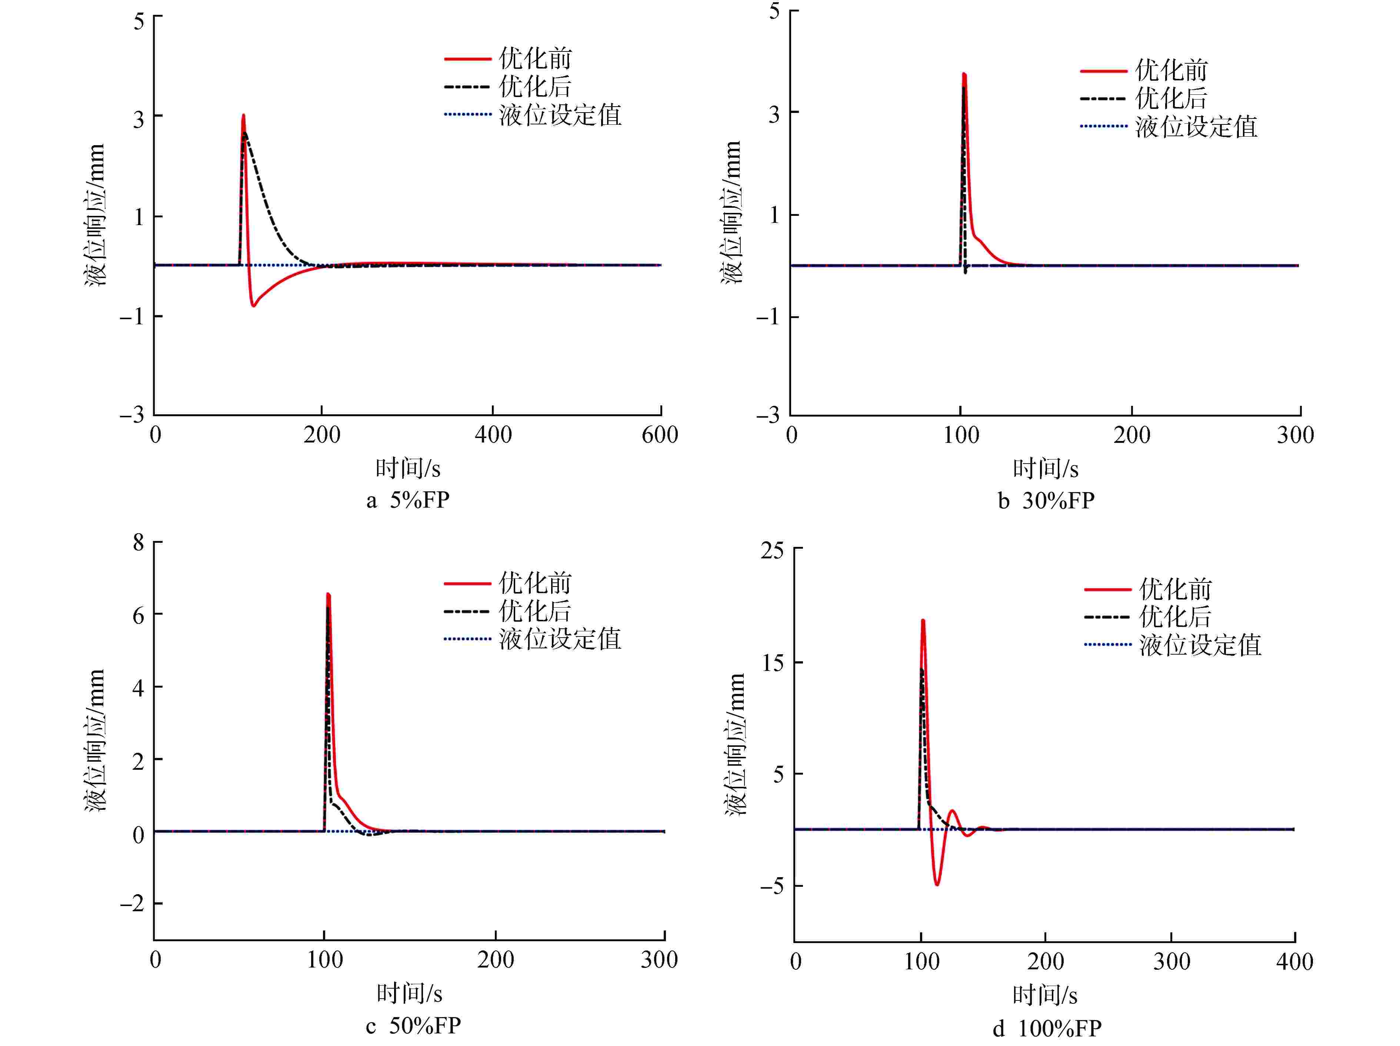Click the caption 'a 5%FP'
(408, 501)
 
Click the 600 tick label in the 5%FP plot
(660, 435)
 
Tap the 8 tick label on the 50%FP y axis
(139, 542)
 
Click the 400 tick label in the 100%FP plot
(1294, 962)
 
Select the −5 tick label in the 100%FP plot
(771, 886)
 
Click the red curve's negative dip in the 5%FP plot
(253, 305)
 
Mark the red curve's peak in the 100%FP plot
(923, 621)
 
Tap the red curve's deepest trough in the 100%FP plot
(937, 884)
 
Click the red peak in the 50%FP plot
(328, 595)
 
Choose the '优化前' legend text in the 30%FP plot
(1171, 70)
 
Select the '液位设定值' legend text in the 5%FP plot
(560, 115)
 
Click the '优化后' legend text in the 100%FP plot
(1175, 617)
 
